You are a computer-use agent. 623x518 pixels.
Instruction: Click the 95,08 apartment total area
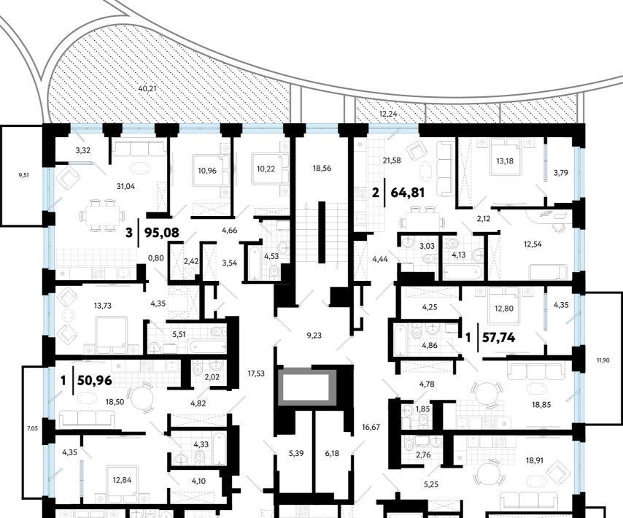pyautogui.click(x=162, y=233)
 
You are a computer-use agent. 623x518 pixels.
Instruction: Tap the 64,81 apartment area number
pyautogui.click(x=408, y=193)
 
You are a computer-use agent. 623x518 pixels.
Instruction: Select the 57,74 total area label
pyautogui.click(x=499, y=338)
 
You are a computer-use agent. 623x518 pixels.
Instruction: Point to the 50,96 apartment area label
pyautogui.click(x=95, y=381)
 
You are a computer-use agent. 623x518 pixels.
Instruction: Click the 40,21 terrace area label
pyautogui.click(x=147, y=88)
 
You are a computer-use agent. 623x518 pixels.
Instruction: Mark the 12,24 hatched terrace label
pyautogui.click(x=388, y=114)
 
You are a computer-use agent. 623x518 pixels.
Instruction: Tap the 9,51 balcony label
pyautogui.click(x=24, y=174)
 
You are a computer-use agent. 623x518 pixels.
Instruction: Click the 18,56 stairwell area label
pyautogui.click(x=322, y=168)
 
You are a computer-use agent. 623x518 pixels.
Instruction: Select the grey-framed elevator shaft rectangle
pyautogui.click(x=306, y=387)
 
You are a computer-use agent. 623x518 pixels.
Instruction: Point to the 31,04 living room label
pyautogui.click(x=125, y=186)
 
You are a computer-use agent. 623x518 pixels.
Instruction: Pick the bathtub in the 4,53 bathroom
pyautogui.click(x=255, y=263)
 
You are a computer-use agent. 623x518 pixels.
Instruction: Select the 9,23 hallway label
pyautogui.click(x=314, y=336)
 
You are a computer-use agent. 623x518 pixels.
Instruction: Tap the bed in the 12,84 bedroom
pyautogui.click(x=121, y=482)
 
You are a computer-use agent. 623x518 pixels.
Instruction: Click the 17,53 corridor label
pyautogui.click(x=256, y=374)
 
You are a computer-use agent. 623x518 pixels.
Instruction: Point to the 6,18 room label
pyautogui.click(x=332, y=453)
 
